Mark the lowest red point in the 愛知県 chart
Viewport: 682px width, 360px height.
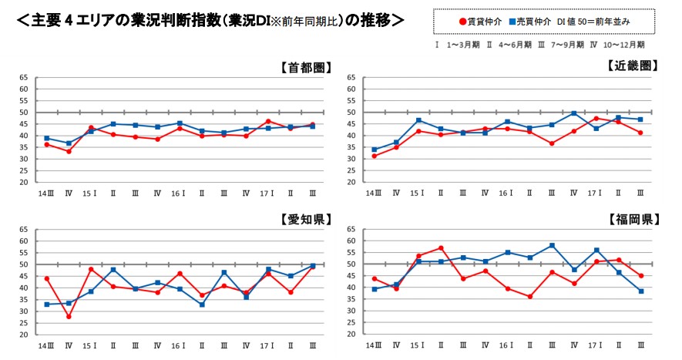tap(69, 316)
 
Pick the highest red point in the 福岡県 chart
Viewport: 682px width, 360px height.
tap(441, 248)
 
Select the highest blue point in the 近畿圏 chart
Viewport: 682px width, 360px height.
tap(573, 113)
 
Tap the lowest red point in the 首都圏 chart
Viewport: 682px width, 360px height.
tap(69, 151)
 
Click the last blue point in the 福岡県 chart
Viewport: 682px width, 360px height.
tap(640, 291)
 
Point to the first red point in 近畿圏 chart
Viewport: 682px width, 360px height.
tap(375, 156)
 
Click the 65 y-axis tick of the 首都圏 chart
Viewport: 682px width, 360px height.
tap(23, 78)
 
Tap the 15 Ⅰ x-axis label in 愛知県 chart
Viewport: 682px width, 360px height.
tap(89, 346)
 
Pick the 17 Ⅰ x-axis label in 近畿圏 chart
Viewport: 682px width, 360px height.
tap(594, 193)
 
